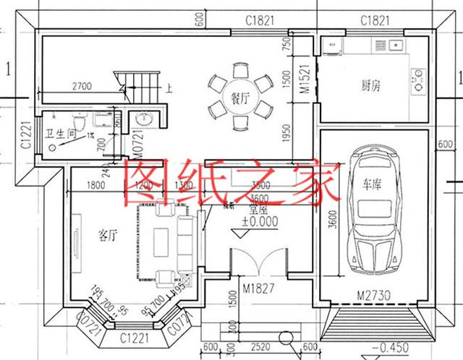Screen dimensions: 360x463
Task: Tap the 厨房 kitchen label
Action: [x=370, y=86]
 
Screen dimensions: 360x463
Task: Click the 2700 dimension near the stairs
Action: [x=80, y=87]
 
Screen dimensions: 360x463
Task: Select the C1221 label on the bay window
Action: [x=134, y=336]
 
